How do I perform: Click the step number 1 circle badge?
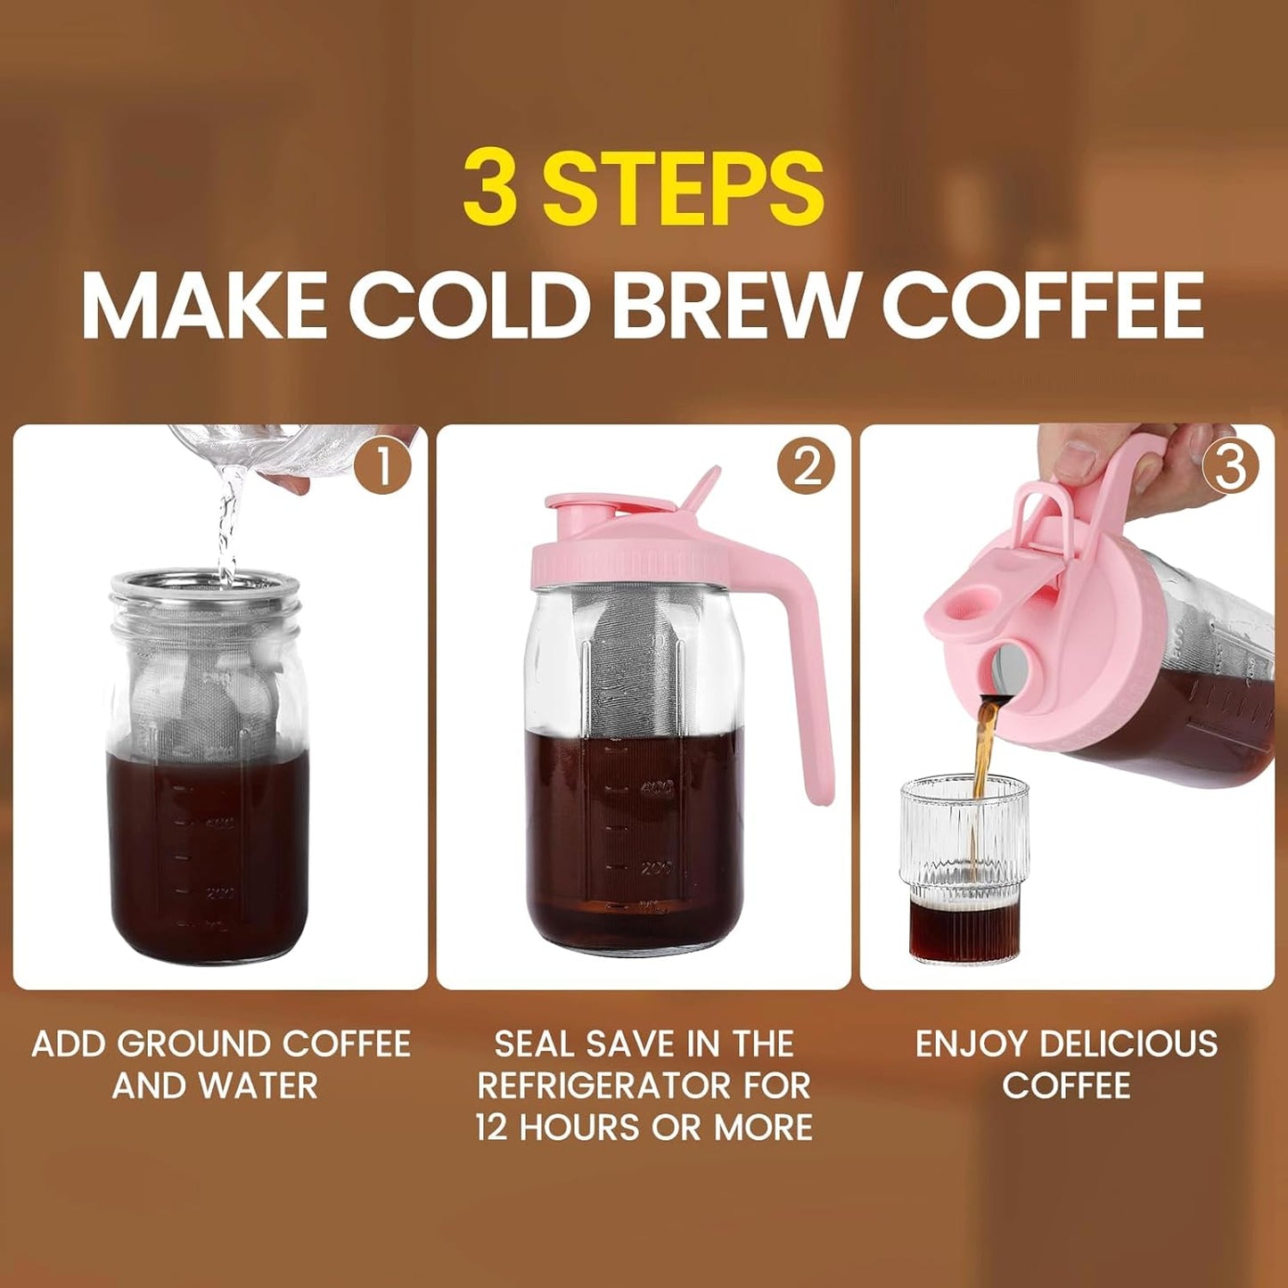coord(382,466)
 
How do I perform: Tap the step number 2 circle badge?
coord(806,466)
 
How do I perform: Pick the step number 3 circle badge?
coord(1230,466)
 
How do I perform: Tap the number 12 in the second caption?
coord(491,1128)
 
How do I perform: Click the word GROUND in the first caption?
coord(194,1044)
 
